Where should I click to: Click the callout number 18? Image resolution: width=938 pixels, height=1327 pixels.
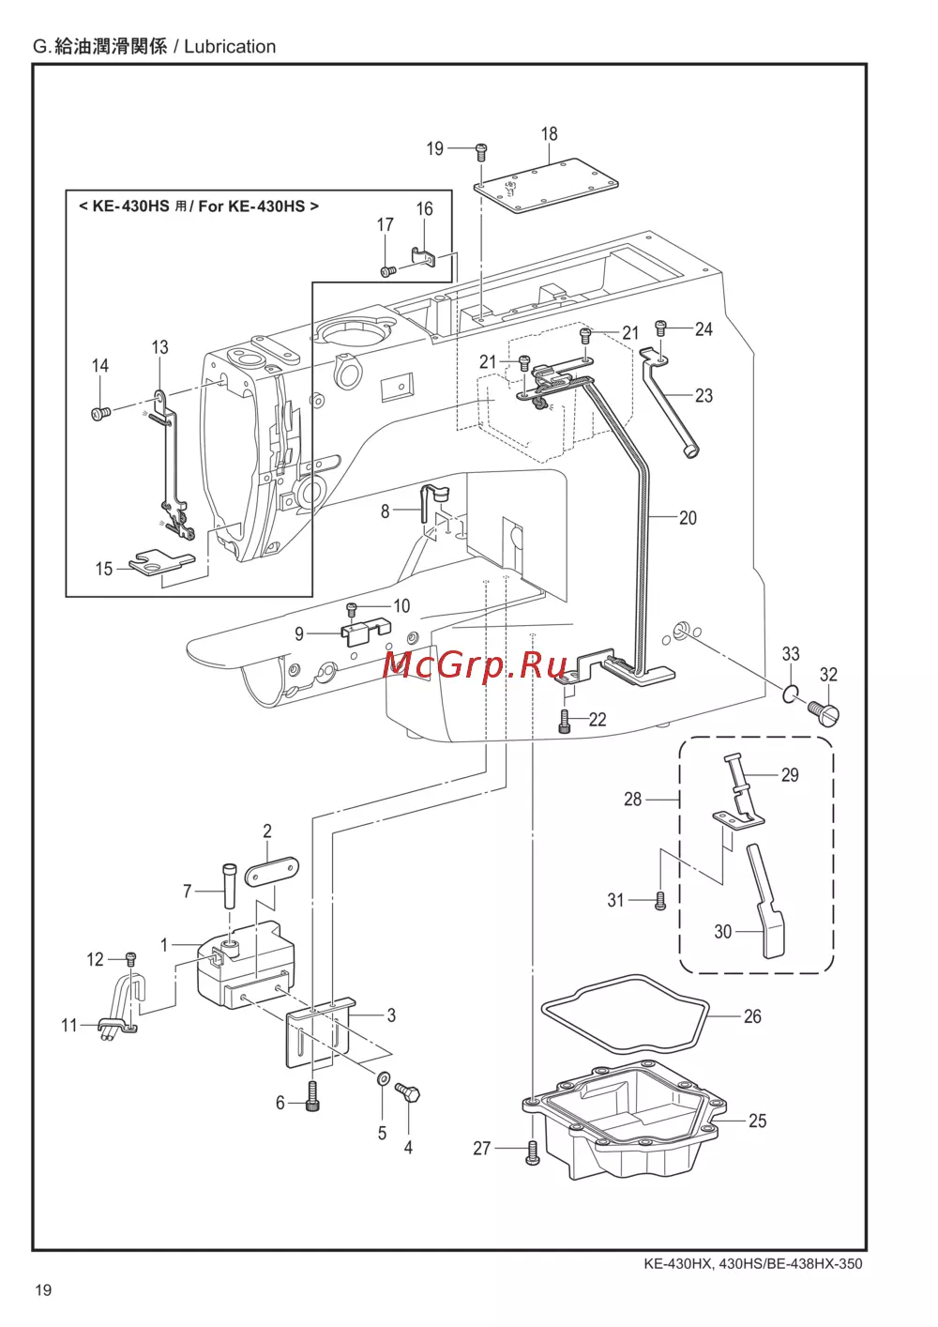pyautogui.click(x=549, y=134)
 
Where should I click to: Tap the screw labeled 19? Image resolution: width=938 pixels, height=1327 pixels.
pyautogui.click(x=481, y=152)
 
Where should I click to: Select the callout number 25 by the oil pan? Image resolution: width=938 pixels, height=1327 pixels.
pyautogui.click(x=757, y=1121)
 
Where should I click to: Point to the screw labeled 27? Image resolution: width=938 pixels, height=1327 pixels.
pyautogui.click(x=533, y=1152)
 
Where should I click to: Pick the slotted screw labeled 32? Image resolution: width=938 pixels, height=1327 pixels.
pyautogui.click(x=825, y=710)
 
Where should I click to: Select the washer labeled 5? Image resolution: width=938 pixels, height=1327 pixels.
pyautogui.click(x=383, y=1077)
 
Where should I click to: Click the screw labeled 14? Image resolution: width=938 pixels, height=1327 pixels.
pyautogui.click(x=101, y=412)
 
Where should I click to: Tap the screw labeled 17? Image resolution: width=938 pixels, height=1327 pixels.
pyautogui.click(x=387, y=270)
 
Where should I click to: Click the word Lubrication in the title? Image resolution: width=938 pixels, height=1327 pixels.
pyautogui.click(x=230, y=47)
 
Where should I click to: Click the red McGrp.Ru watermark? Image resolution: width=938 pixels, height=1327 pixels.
pyautogui.click(x=476, y=667)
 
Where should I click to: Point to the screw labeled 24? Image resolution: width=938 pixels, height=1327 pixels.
pyautogui.click(x=661, y=328)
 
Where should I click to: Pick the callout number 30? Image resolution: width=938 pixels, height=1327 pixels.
pyautogui.click(x=722, y=932)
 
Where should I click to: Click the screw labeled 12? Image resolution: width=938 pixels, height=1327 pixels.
pyautogui.click(x=131, y=956)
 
